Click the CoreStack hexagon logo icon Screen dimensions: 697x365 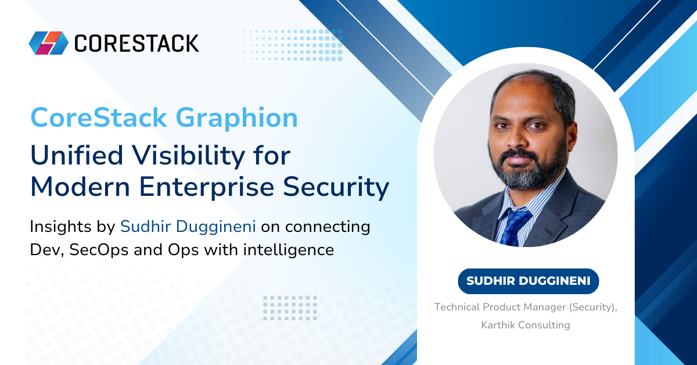click(x=49, y=43)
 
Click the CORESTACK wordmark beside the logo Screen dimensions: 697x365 click(x=136, y=43)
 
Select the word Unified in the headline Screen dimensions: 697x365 click(x=77, y=155)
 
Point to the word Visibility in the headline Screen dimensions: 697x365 click(x=189, y=157)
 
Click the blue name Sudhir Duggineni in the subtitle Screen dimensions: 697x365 click(x=188, y=227)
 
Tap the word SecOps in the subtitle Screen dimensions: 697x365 click(x=99, y=250)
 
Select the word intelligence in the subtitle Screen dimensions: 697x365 click(x=289, y=250)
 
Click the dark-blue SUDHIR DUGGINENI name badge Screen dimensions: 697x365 click(x=529, y=281)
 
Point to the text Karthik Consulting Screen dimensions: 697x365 click(x=526, y=325)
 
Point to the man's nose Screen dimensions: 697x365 click(x=517, y=138)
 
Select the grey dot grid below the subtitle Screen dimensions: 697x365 click(x=290, y=308)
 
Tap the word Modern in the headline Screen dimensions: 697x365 click(x=80, y=187)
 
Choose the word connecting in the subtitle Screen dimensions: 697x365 click(x=328, y=227)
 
